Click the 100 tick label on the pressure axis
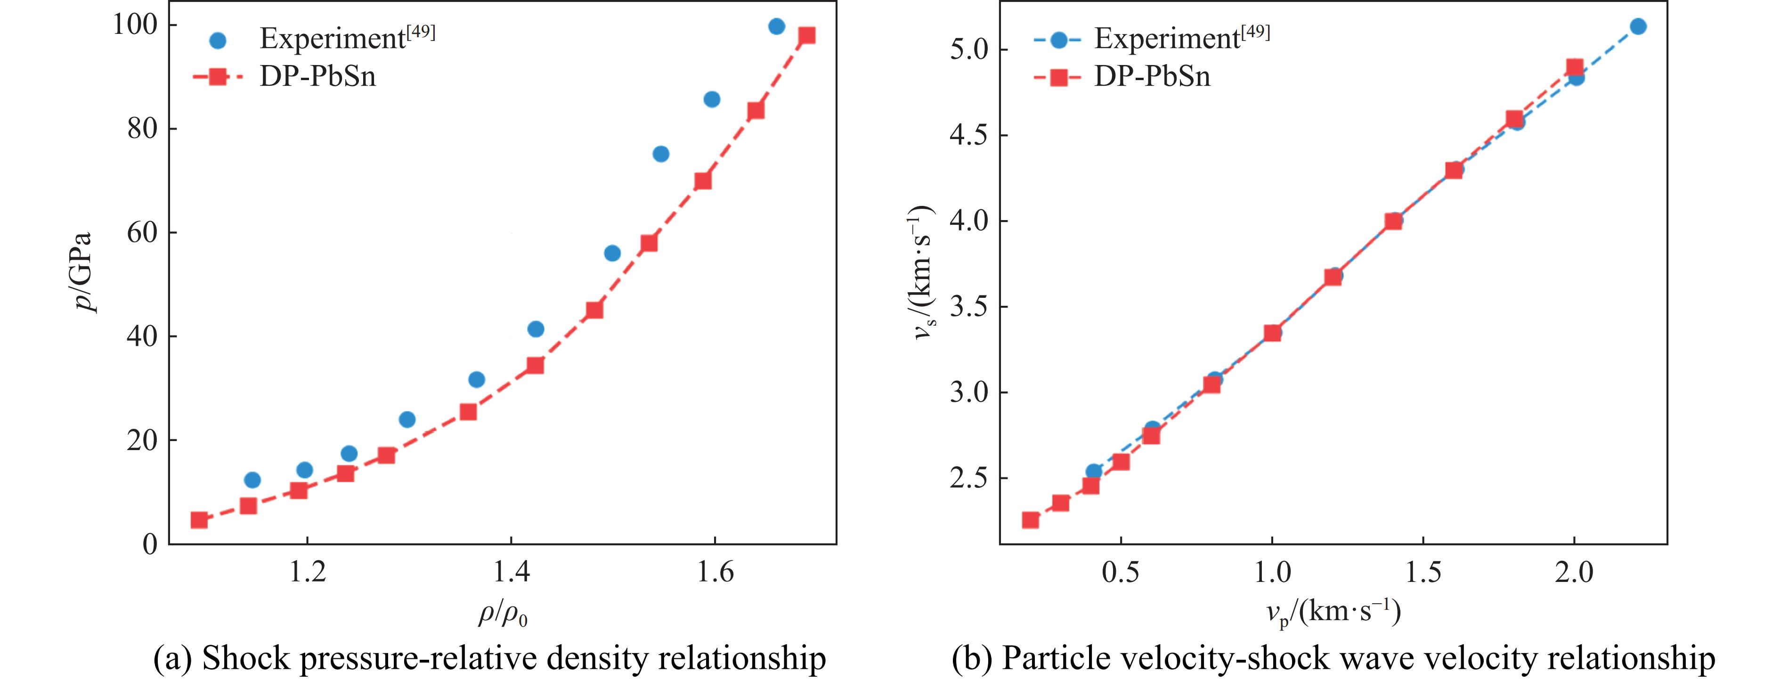click(136, 25)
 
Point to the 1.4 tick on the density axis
click(512, 572)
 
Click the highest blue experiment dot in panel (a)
click(777, 27)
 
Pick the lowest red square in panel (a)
click(199, 520)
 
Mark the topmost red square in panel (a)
click(806, 36)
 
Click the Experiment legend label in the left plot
click(347, 38)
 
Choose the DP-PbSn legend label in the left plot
click(318, 76)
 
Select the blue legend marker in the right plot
click(1058, 40)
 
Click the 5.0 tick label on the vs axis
click(969, 50)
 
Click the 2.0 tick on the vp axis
click(1574, 572)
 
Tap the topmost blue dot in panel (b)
click(1638, 27)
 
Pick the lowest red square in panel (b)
click(1030, 520)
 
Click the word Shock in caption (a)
click(244, 658)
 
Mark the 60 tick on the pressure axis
click(142, 233)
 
